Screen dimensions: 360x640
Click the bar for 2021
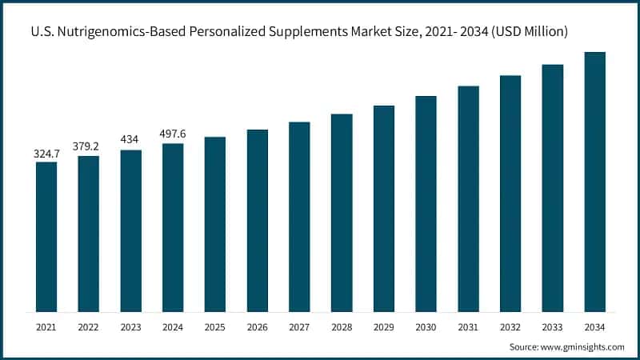pyautogui.click(x=46, y=237)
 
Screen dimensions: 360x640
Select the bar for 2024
pyautogui.click(x=173, y=227)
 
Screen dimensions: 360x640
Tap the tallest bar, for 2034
pyautogui.click(x=594, y=182)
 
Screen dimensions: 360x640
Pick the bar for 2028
pyautogui.click(x=342, y=213)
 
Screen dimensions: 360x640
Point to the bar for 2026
pyautogui.click(x=257, y=220)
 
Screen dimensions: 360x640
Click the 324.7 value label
pyautogui.click(x=46, y=152)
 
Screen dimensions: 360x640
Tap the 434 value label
pyautogui.click(x=130, y=140)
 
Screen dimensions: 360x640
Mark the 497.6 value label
pyautogui.click(x=173, y=134)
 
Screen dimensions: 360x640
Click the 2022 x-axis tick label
pyautogui.click(x=89, y=326)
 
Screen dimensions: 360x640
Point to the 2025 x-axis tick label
pyautogui.click(x=215, y=326)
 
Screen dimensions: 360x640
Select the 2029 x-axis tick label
pyautogui.click(x=384, y=326)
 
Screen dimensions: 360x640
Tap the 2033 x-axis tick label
pyautogui.click(x=553, y=326)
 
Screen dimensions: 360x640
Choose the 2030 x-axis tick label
pyautogui.click(x=426, y=326)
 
